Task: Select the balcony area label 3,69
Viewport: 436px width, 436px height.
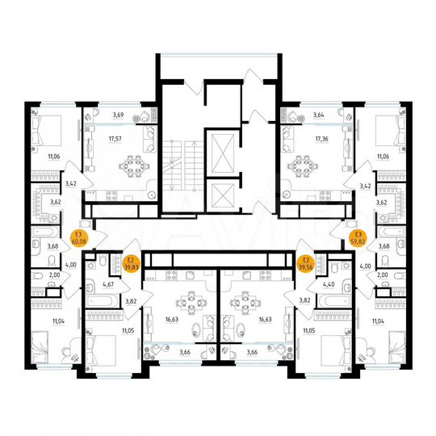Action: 119,116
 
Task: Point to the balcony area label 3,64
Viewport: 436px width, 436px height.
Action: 320,116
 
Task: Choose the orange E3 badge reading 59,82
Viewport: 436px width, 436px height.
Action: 356,236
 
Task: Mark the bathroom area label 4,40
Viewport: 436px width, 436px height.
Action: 329,283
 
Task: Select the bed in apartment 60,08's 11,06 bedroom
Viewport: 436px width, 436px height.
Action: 48,129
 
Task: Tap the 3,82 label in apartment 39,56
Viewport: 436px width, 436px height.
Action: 304,300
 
